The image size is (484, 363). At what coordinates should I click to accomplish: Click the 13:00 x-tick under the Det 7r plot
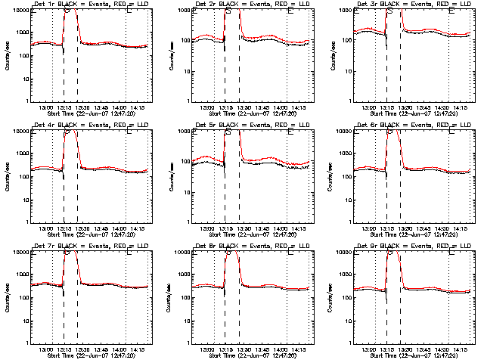(45, 350)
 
